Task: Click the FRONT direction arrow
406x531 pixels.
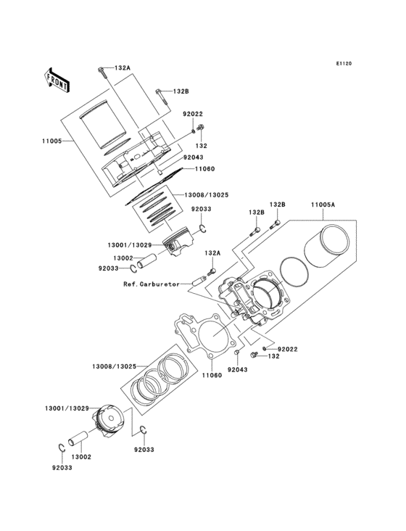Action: point(58,79)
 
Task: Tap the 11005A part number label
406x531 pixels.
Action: point(324,205)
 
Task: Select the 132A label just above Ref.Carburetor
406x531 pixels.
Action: point(212,253)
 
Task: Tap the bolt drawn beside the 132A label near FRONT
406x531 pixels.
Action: point(100,70)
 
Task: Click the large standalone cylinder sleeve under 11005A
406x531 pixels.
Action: point(330,250)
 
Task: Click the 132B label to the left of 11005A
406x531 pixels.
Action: point(256,213)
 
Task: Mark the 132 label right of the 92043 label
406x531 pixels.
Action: point(273,357)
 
